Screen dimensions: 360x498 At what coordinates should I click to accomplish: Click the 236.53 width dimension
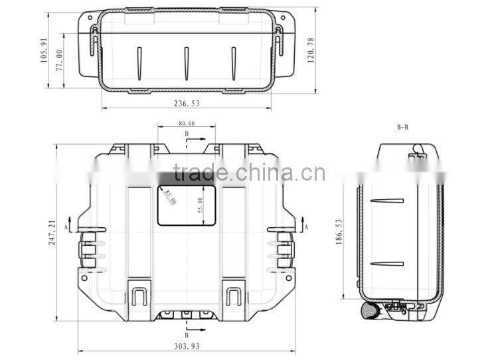[x=186, y=104]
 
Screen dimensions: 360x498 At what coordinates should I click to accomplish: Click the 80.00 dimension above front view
[x=187, y=123]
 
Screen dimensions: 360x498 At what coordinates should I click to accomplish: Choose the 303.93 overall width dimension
[x=186, y=346]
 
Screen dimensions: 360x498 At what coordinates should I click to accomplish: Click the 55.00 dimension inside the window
[x=200, y=205]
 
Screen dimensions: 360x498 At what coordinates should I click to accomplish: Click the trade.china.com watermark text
[x=249, y=173]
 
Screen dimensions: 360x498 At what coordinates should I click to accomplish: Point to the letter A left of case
[x=66, y=227]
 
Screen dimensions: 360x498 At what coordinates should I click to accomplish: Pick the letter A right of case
[x=306, y=227]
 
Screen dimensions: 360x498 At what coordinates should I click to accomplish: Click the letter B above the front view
[x=187, y=134]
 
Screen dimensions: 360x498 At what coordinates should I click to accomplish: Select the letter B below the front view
[x=187, y=335]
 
